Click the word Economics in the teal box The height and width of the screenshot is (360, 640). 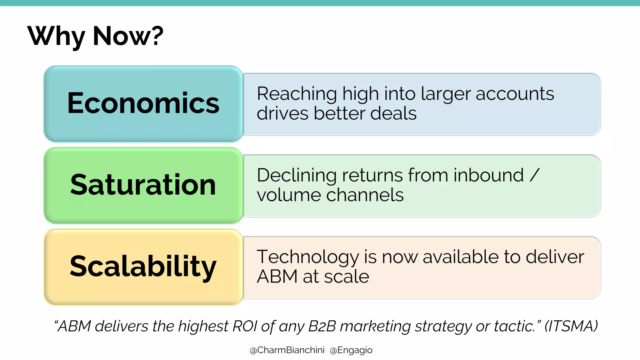[143, 103]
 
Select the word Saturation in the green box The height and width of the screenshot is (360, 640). [143, 185]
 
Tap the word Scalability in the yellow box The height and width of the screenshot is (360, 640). [143, 266]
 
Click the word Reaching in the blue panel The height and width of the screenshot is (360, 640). [297, 94]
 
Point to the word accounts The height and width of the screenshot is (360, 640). [515, 94]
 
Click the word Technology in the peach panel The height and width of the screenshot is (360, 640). [307, 257]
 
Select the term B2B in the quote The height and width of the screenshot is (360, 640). [322, 326]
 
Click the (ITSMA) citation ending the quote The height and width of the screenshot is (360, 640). [571, 326]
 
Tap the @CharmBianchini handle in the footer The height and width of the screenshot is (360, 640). [287, 350]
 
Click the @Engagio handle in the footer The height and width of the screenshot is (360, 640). [351, 350]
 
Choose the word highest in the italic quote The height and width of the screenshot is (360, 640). [203, 326]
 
